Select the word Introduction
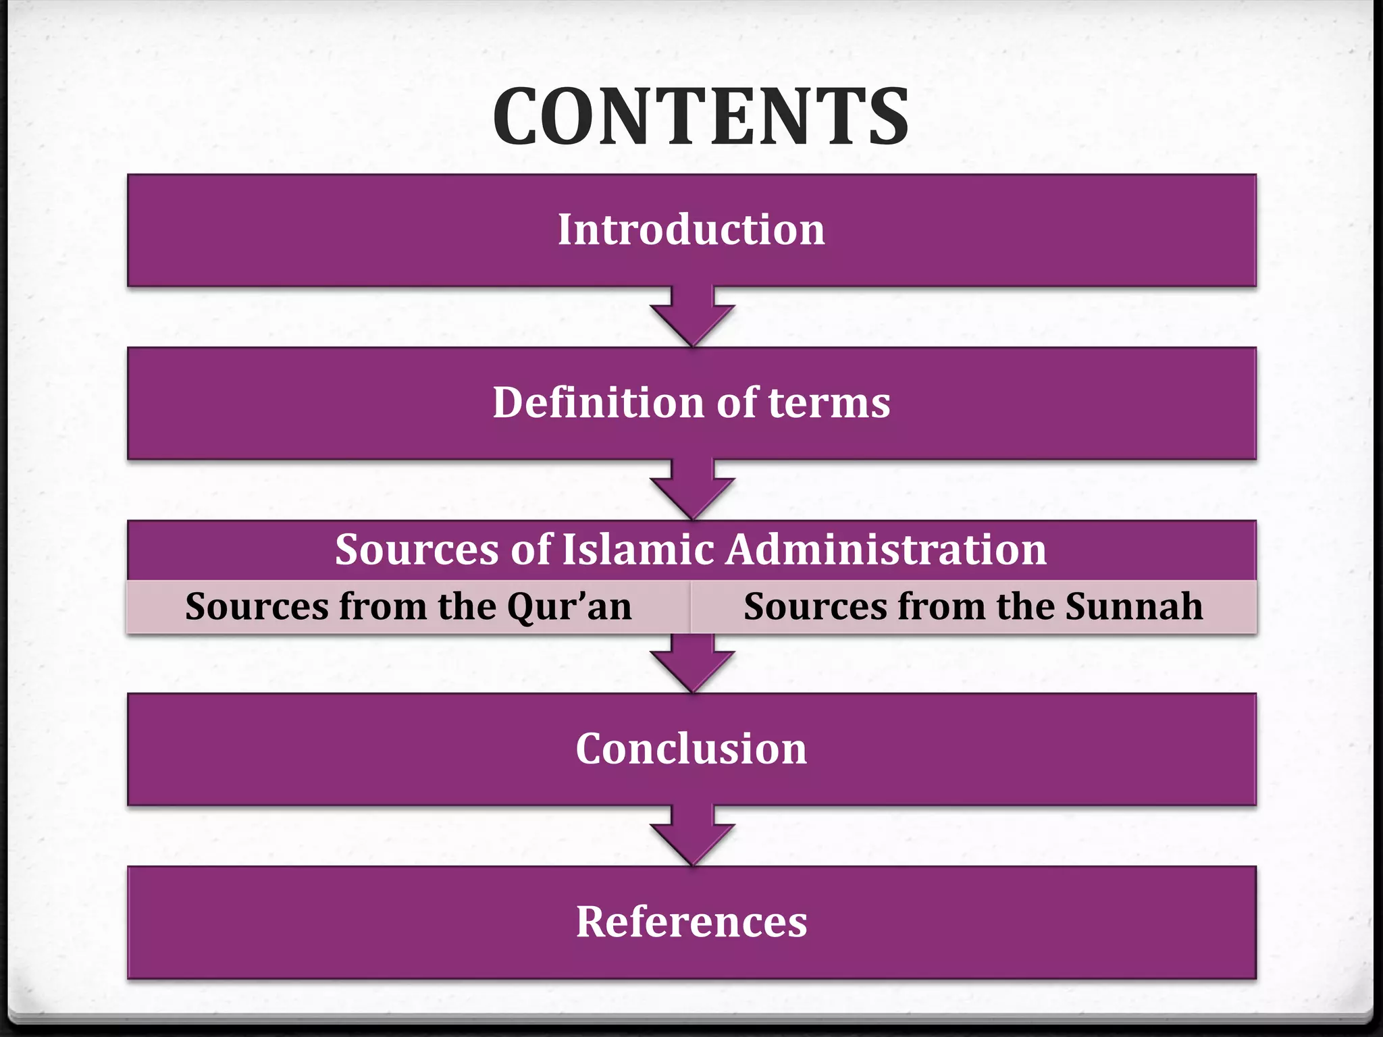click(x=691, y=230)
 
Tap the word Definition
click(x=598, y=403)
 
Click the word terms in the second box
click(x=829, y=403)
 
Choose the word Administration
click(x=886, y=549)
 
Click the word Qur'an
click(x=569, y=607)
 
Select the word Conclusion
click(x=691, y=749)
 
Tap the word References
click(x=691, y=922)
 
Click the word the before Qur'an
click(x=467, y=607)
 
